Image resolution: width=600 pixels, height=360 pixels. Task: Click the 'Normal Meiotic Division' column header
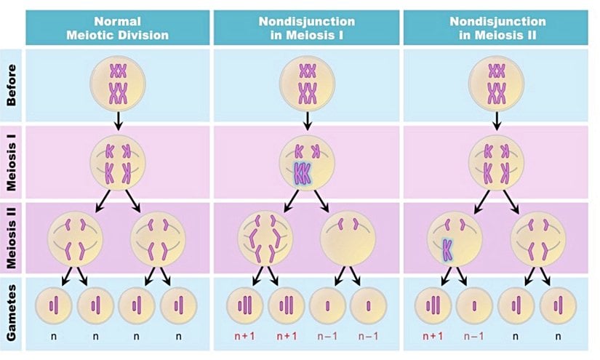coord(118,28)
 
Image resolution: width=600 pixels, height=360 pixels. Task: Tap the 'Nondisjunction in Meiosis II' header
coord(497,28)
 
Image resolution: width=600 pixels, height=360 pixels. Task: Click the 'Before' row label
coord(12,86)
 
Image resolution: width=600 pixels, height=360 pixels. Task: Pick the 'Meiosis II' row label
coord(12,239)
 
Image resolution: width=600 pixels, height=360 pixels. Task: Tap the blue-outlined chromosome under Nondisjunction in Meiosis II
coord(447,248)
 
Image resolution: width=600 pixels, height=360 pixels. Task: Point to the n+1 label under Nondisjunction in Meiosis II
coord(434,336)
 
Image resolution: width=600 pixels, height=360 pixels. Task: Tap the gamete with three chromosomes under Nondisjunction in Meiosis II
coord(434,303)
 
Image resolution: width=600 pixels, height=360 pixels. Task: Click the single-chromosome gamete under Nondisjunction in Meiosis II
coord(474,303)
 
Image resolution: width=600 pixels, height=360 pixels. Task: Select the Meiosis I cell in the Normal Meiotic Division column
coord(118,161)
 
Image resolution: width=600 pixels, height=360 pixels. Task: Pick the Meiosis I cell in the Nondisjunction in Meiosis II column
coord(497,161)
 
